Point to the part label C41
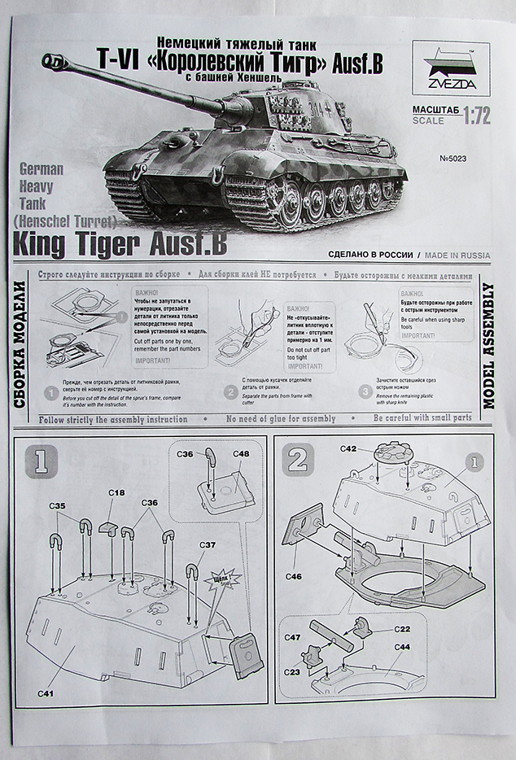[46, 694]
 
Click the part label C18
[116, 493]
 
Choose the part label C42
[348, 448]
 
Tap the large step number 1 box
[42, 461]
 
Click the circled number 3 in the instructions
[365, 391]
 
